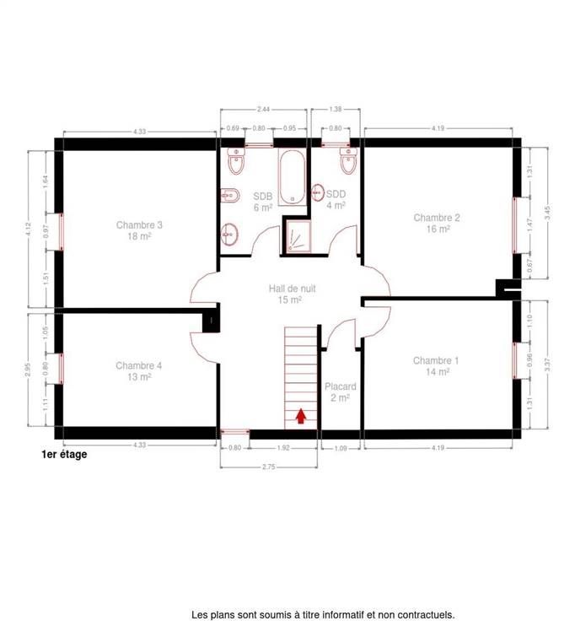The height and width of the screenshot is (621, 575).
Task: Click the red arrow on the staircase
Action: coord(301,416)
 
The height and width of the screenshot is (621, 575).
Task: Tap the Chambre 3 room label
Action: coord(139,230)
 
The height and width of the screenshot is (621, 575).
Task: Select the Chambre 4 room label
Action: coord(139,370)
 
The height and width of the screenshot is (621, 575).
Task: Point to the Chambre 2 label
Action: coord(437,223)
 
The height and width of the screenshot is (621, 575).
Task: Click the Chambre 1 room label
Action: coord(436,366)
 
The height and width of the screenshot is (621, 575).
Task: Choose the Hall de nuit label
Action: coord(292,294)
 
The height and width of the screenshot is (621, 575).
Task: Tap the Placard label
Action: coord(341,391)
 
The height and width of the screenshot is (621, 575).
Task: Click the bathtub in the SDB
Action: coord(292,177)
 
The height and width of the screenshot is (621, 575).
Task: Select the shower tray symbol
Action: coord(298,236)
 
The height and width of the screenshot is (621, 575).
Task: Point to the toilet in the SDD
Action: coord(349,161)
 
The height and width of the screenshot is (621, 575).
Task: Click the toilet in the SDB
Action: coord(237,161)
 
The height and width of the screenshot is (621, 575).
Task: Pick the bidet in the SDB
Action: coord(230,195)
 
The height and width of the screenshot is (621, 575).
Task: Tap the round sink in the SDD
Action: coord(318,192)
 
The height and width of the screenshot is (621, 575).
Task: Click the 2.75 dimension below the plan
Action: coord(268,467)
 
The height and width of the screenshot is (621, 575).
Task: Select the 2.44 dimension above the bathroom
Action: coord(263,109)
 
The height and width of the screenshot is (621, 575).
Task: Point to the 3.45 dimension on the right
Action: coord(547,213)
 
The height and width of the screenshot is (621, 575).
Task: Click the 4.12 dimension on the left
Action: coord(28,229)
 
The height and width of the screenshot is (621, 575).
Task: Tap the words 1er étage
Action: coord(64,454)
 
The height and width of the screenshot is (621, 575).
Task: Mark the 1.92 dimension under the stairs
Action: coord(283,448)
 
